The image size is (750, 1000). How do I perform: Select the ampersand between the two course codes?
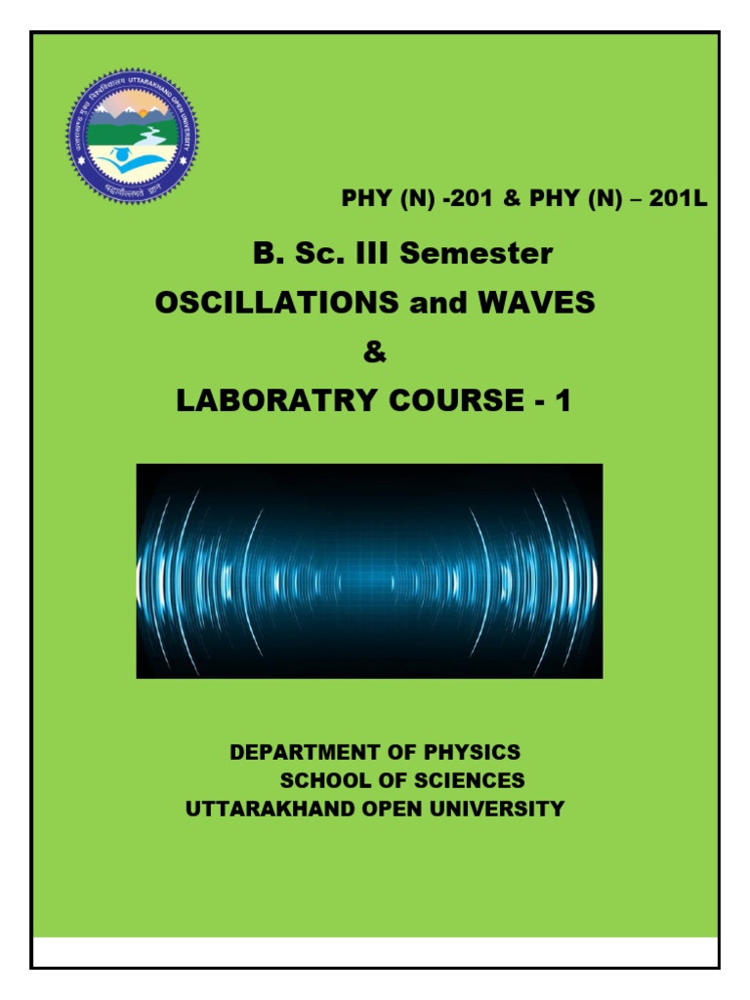pyautogui.click(x=512, y=200)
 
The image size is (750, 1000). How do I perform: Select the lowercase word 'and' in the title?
pyautogui.click(x=435, y=303)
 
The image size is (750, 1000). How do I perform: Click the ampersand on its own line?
pyautogui.click(x=374, y=352)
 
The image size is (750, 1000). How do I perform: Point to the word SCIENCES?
pyautogui.click(x=466, y=781)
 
